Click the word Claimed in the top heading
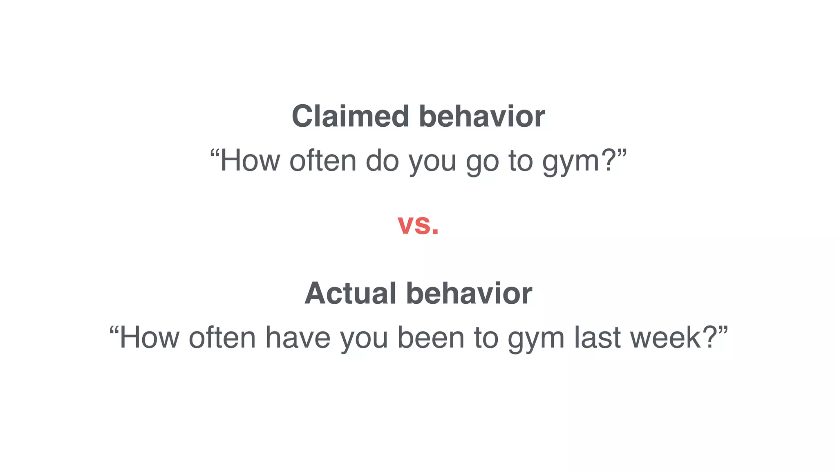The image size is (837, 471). (x=350, y=117)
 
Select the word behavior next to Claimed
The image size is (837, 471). (x=482, y=117)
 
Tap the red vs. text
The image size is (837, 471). (x=418, y=224)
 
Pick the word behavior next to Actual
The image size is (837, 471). (x=469, y=293)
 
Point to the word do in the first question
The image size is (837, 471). (x=382, y=161)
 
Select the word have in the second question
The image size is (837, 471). (x=298, y=338)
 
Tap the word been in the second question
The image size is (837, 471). (x=431, y=338)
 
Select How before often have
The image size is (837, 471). (x=149, y=338)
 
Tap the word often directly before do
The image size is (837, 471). (x=323, y=161)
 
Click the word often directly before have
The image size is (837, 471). (x=222, y=338)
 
